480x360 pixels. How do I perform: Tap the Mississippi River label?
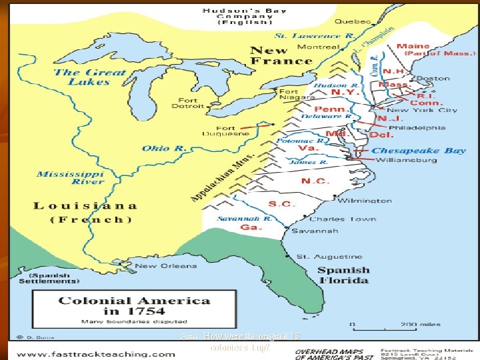click(x=70, y=178)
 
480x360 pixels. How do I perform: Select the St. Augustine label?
click(x=329, y=256)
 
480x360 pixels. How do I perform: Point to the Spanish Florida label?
click(x=343, y=275)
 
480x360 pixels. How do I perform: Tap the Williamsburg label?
click(x=406, y=160)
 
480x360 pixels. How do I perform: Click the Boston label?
click(x=433, y=78)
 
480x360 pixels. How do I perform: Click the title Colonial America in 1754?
click(x=135, y=306)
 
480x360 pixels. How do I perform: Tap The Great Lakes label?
click(x=89, y=77)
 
